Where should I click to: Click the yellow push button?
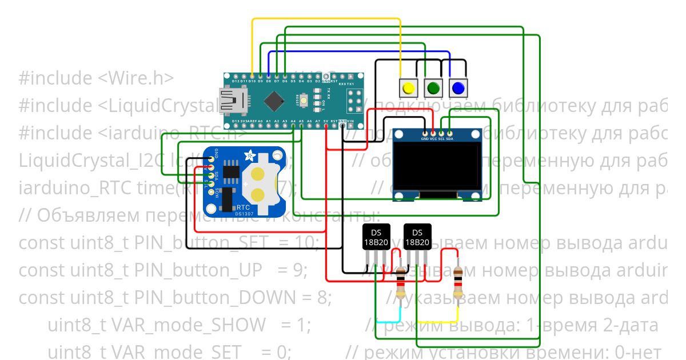coord(408,89)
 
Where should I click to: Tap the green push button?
coord(433,89)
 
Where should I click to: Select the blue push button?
coord(458,89)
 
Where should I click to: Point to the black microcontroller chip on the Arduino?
coord(277,101)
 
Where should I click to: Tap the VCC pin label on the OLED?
coord(433,139)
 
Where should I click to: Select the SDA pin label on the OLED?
coord(449,139)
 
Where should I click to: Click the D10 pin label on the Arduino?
coord(252,82)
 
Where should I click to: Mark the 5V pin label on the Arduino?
coord(326,121)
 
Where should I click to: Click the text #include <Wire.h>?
coord(95,78)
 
